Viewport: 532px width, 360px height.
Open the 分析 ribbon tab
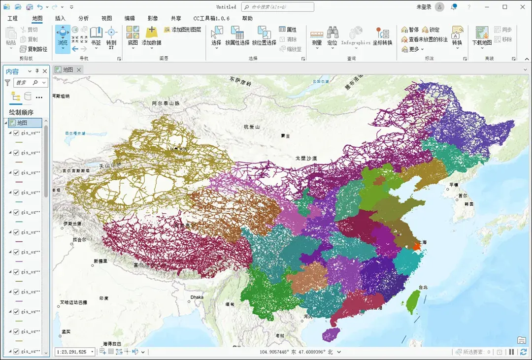click(84, 18)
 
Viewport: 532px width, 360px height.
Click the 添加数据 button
click(151, 35)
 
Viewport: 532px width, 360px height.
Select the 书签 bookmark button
click(96, 35)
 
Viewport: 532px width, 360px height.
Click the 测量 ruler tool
click(317, 36)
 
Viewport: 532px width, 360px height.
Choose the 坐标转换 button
click(382, 36)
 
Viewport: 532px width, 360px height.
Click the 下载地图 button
click(482, 36)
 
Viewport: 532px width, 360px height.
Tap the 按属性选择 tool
click(237, 36)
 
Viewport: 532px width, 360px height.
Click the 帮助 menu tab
click(247, 18)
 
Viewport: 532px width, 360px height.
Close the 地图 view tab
click(79, 70)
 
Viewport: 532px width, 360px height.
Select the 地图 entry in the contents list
click(22, 123)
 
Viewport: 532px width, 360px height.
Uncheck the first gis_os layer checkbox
click(16, 133)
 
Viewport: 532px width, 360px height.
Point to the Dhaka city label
click(197, 297)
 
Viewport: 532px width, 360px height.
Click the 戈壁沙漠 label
click(306, 159)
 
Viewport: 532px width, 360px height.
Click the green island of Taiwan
click(411, 301)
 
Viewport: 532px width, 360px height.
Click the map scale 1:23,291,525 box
click(72, 352)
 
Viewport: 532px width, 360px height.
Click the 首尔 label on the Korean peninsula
click(463, 195)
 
